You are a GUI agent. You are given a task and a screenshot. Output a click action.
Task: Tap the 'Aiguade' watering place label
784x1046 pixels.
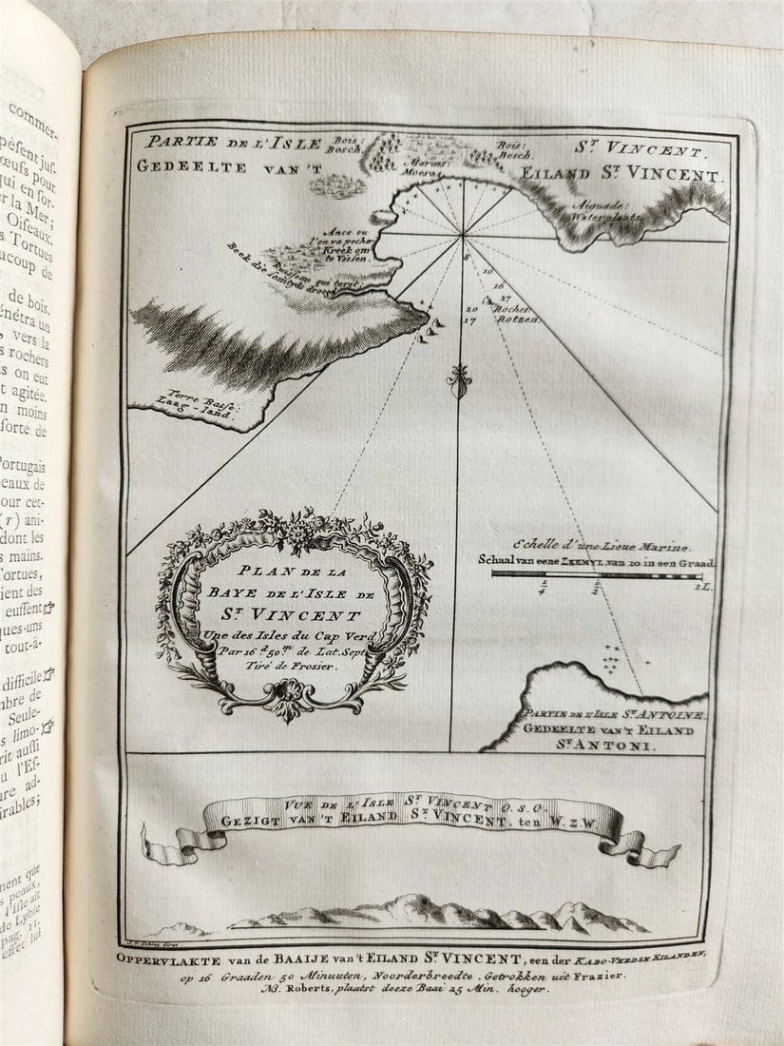point(605,204)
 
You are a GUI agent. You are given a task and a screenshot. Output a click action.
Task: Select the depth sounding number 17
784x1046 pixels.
point(469,320)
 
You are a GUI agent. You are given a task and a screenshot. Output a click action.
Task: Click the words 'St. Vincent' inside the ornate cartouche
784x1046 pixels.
point(294,615)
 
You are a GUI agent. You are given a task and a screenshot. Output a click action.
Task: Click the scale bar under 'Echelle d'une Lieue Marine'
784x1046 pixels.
point(597,575)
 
